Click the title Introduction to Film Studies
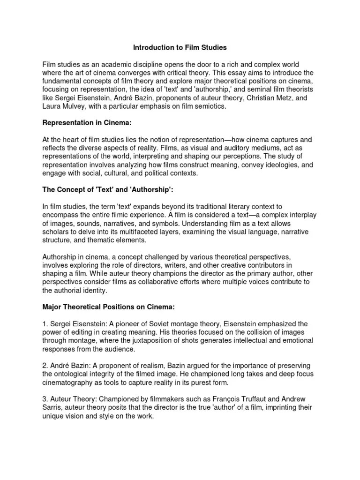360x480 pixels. point(180,47)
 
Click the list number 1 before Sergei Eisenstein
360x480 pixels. point(45,324)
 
